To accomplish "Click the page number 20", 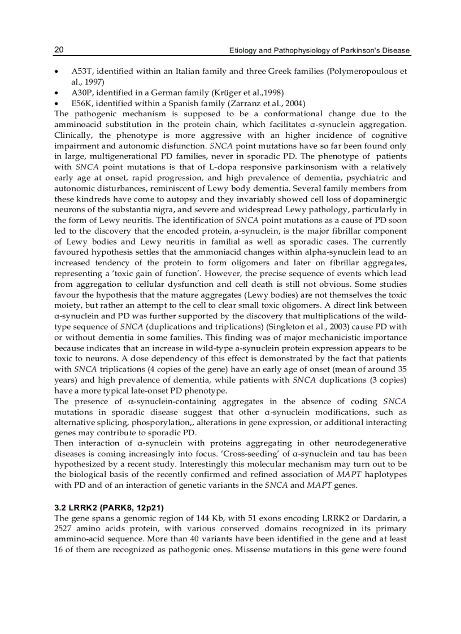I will tap(59, 50).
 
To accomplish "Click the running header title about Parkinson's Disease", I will tap(319, 51).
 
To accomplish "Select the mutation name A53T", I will tap(80, 72).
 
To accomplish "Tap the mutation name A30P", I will tap(80, 93).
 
